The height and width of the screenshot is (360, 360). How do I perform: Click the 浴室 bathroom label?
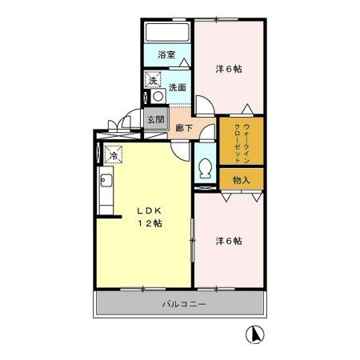coord(166,55)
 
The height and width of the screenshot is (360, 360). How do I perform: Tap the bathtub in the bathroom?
coord(167,34)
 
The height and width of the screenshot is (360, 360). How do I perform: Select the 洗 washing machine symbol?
coord(152,79)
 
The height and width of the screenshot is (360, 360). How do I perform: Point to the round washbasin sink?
coord(158,96)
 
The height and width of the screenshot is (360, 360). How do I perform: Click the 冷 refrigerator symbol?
coord(114,155)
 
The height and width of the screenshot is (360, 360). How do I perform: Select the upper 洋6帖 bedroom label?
coord(228,69)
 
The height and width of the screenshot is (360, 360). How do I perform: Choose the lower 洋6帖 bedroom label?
coord(228,240)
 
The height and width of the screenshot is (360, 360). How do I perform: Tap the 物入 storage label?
coord(241,180)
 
